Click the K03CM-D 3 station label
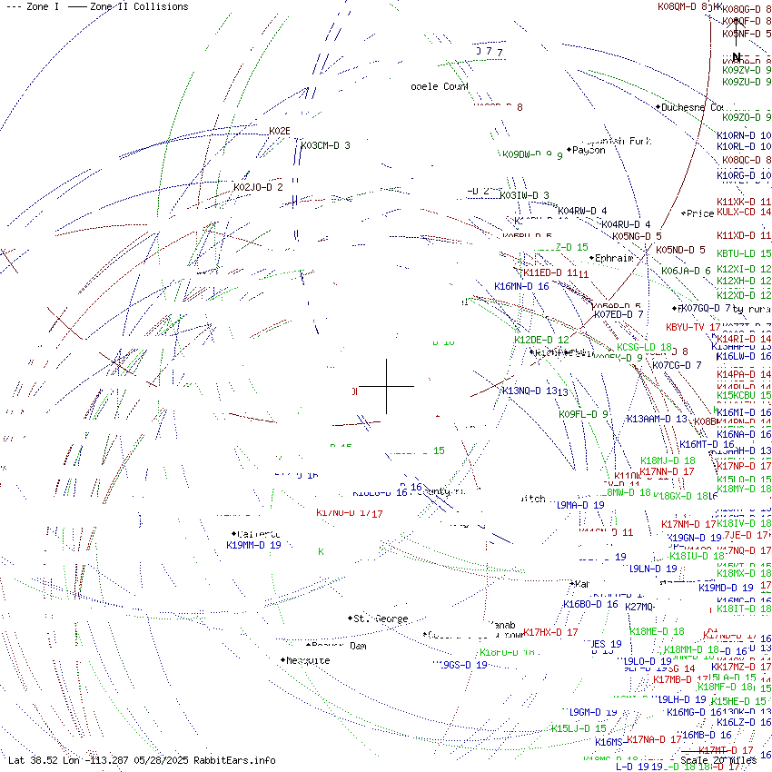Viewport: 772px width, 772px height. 325,145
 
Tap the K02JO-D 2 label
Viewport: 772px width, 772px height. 258,187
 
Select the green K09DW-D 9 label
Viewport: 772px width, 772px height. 528,154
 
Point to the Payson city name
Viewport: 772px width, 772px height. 589,151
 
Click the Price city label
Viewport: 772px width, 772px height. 700,214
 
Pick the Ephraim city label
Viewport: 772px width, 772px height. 614,258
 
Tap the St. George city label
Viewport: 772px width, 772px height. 381,619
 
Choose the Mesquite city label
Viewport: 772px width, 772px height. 308,661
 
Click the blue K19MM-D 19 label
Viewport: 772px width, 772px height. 253,546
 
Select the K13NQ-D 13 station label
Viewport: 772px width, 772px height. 529,391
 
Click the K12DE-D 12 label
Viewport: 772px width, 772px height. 541,340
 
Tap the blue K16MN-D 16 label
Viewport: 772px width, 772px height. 521,286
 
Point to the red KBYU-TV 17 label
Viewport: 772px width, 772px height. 693,327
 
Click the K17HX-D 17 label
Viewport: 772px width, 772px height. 550,632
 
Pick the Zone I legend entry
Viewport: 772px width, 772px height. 33,6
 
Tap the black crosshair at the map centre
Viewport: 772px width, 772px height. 388,386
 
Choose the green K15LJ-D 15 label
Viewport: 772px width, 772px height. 579,728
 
